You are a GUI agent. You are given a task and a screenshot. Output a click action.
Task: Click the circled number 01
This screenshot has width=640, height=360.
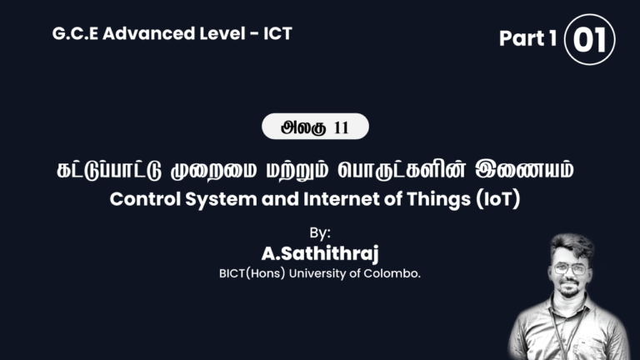(589, 39)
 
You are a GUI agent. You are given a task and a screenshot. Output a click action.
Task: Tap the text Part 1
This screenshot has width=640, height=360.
(527, 39)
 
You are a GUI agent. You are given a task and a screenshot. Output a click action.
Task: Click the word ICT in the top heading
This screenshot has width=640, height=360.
(276, 33)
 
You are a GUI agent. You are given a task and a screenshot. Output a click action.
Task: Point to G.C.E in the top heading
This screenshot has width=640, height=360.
(72, 33)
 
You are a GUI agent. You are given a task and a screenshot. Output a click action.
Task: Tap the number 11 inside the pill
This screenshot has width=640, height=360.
(340, 127)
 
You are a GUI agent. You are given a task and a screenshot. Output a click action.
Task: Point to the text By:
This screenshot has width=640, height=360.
(320, 232)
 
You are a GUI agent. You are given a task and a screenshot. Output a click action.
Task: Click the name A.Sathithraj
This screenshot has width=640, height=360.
(319, 252)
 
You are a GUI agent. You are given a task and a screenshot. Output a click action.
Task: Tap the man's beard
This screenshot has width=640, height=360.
(570, 293)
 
